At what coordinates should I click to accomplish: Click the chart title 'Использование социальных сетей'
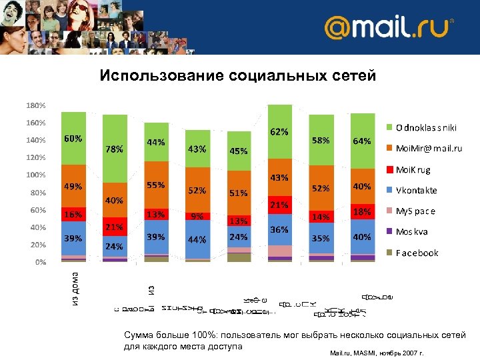[x=238, y=76]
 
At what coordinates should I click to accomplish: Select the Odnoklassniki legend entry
[x=426, y=127]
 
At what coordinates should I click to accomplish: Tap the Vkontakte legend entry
[x=417, y=190]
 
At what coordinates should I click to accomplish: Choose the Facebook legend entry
[x=417, y=253]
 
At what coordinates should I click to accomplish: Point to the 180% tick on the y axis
[x=36, y=105]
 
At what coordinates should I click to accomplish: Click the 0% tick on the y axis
[x=41, y=262]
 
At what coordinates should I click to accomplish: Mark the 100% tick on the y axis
[x=36, y=175]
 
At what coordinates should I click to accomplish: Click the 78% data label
[x=114, y=149]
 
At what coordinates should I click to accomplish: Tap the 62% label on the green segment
[x=279, y=132]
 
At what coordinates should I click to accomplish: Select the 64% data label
[x=362, y=141]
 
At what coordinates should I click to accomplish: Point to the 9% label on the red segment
[x=197, y=215]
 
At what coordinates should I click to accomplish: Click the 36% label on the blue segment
[x=279, y=229]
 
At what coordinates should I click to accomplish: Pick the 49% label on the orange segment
[x=73, y=187]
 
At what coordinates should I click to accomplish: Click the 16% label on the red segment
[x=73, y=215]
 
